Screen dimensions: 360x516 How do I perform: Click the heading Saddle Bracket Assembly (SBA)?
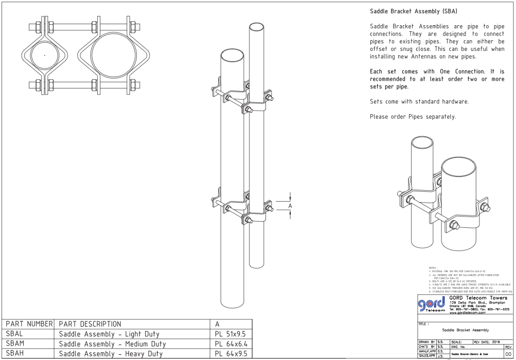click(x=414, y=11)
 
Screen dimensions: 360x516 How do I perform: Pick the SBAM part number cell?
click(x=15, y=344)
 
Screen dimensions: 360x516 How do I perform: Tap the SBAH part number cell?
click(x=15, y=353)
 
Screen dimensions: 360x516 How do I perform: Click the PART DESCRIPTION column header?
click(x=90, y=324)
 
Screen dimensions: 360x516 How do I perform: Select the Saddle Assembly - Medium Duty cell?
click(x=112, y=344)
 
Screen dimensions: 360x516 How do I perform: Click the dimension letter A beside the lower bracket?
click(x=290, y=206)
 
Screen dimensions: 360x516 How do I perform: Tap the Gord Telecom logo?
click(x=431, y=305)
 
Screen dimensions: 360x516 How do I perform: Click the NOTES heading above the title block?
click(x=432, y=268)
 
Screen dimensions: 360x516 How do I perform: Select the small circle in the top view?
click(x=45, y=55)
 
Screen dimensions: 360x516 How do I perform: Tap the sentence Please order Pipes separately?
click(x=413, y=117)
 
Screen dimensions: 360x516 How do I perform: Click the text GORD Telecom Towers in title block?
click(x=478, y=298)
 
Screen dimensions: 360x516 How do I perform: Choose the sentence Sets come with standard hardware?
click(x=419, y=102)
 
